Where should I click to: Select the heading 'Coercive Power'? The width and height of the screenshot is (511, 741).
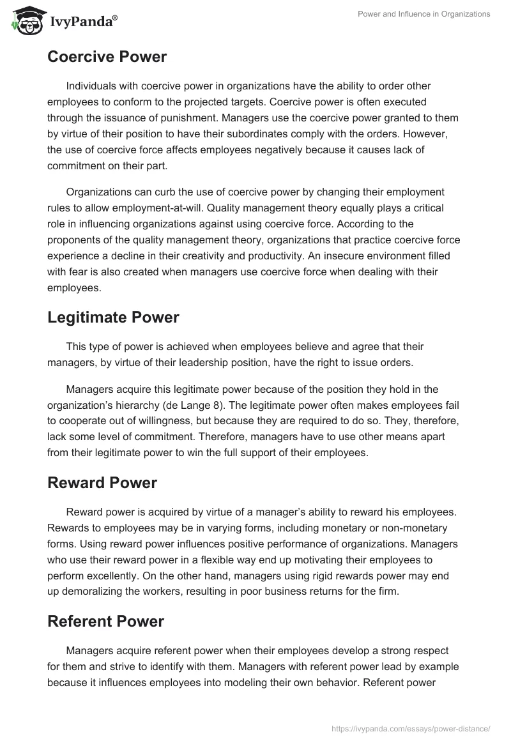pyautogui.click(x=107, y=57)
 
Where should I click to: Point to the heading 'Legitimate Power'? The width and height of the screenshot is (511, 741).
pyautogui.click(x=113, y=317)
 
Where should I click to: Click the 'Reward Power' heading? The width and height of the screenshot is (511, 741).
pyautogui.click(x=102, y=482)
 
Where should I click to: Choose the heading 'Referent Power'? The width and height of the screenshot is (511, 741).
pyautogui.click(x=105, y=621)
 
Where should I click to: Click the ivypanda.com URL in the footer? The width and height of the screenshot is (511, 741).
pyautogui.click(x=411, y=728)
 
